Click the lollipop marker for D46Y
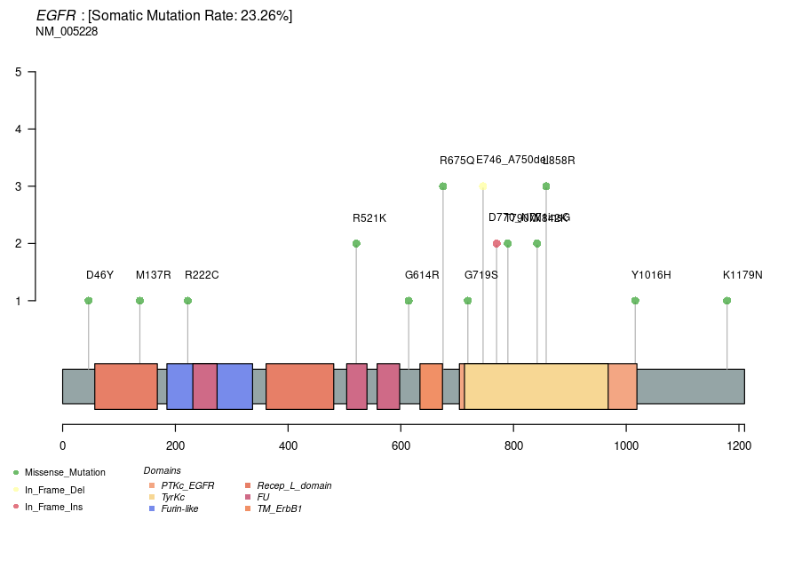pos(88,301)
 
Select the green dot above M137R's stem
pos(139,301)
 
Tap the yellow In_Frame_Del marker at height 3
pos(482,186)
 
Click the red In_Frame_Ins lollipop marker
pos(496,243)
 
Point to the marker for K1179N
pos(726,301)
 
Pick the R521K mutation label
pos(369,218)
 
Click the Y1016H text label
pos(651,275)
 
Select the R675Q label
pos(457,161)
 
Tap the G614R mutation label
pos(422,275)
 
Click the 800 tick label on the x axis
pos(513,446)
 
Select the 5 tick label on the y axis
pos(19,72)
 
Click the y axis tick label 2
pos(19,243)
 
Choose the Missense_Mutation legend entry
pos(65,472)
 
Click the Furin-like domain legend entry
pos(179,508)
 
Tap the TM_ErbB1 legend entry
pos(279,508)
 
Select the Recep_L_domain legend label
pos(294,485)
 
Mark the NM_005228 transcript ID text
pos(67,32)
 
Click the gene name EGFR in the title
pos(56,15)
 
